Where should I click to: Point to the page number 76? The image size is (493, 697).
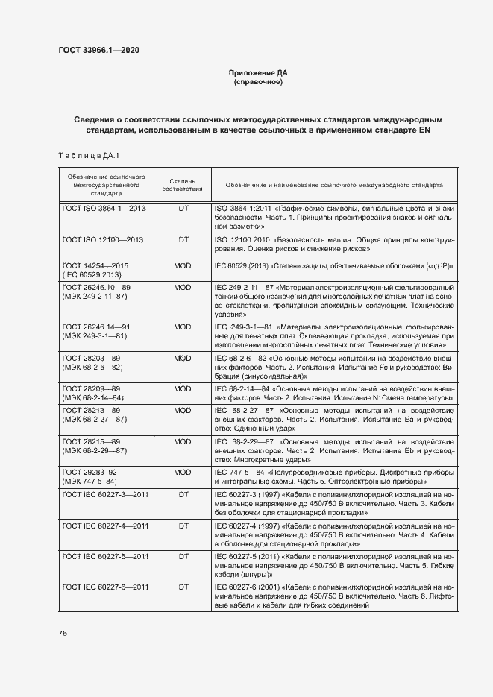point(63,634)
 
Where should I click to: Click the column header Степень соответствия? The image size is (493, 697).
point(182,184)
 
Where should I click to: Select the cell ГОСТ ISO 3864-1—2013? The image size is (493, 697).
point(104,209)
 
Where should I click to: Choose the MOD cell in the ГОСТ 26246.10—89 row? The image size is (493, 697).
point(182,287)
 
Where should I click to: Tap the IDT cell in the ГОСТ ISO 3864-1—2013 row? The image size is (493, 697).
point(182,209)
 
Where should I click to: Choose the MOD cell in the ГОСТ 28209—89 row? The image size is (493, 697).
point(182,389)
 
